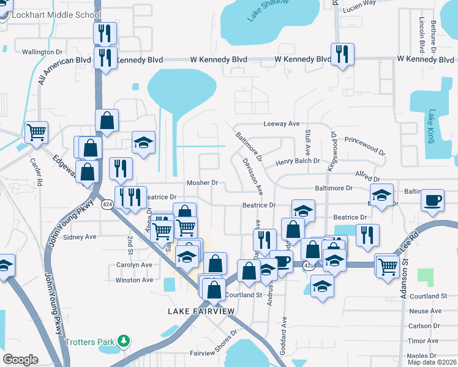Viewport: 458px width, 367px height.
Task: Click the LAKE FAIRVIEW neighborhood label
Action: pos(201,311)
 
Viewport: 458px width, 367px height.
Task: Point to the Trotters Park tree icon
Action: pos(124,341)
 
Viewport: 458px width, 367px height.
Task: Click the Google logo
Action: pos(20,360)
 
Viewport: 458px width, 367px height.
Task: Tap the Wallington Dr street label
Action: pos(42,52)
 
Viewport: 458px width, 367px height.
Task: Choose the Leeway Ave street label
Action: pos(281,124)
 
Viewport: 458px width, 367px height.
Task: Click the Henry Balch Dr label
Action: pos(298,161)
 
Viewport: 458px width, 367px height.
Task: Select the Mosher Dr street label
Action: pos(203,183)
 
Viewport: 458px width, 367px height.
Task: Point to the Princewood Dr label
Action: pos(365,146)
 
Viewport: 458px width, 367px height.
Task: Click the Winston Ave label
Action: pos(134,280)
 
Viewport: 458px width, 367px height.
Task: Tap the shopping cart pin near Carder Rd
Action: pos(36,131)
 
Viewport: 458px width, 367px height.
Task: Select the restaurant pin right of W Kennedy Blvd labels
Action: pos(341,53)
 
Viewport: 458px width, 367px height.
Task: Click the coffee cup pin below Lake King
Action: pos(432,200)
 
